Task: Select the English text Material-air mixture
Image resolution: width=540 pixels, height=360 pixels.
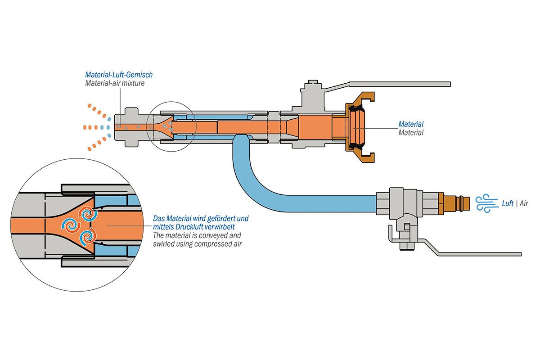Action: (x=115, y=83)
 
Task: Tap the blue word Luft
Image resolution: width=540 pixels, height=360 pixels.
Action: (x=508, y=203)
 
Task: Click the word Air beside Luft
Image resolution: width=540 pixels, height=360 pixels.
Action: (x=524, y=203)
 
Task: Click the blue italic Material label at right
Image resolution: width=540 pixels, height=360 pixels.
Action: (x=411, y=124)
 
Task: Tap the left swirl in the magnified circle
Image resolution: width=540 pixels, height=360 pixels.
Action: (x=71, y=224)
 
